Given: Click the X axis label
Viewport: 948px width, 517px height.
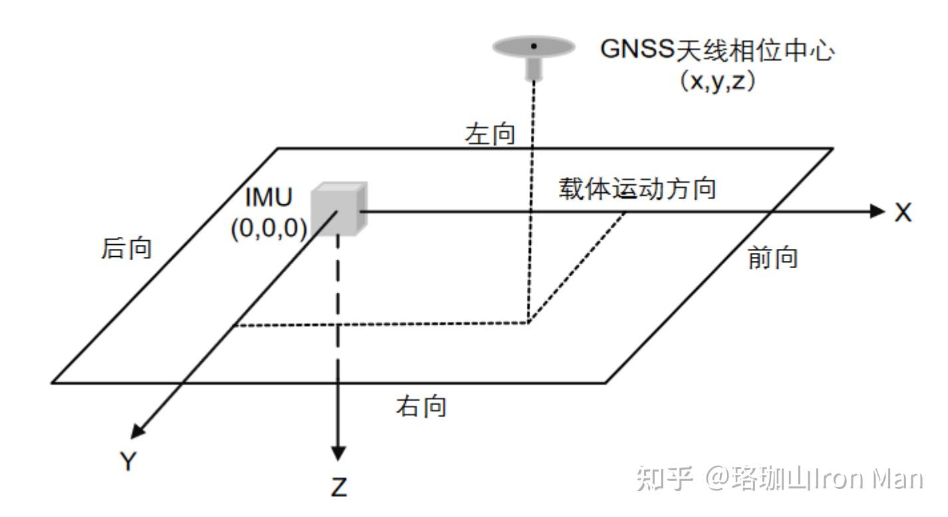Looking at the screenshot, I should click(902, 212).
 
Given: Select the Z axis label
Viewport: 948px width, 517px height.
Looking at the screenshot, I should click(339, 488).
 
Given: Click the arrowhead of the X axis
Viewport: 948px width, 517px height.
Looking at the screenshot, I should click(879, 211).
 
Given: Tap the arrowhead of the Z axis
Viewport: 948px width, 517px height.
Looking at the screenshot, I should click(339, 452).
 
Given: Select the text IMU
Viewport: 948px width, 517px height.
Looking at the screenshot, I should click(268, 198).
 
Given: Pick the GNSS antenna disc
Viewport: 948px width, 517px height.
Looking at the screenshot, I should click(534, 47).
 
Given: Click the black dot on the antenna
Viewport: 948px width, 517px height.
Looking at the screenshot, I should click(534, 46).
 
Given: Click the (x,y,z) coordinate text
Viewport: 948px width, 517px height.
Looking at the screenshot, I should click(716, 83).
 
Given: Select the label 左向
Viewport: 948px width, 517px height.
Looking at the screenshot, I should click(490, 135).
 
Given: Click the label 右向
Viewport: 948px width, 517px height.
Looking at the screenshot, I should click(421, 406).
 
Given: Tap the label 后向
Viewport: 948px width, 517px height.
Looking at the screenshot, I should click(126, 248).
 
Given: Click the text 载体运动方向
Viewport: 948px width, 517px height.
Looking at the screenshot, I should click(637, 189).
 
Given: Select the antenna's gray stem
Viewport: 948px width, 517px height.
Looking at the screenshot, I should click(533, 69).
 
